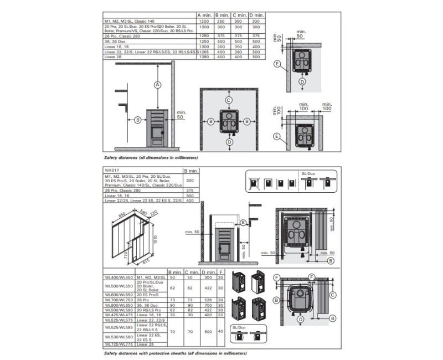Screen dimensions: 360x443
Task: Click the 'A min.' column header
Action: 204,15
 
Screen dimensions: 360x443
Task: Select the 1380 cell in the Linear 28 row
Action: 203,57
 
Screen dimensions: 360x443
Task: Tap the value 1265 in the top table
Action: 203,52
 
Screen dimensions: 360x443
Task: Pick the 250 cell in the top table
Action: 221,20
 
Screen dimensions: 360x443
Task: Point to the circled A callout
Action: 157,85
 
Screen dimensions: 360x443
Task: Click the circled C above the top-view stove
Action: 228,100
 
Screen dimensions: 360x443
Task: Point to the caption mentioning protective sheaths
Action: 176,353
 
